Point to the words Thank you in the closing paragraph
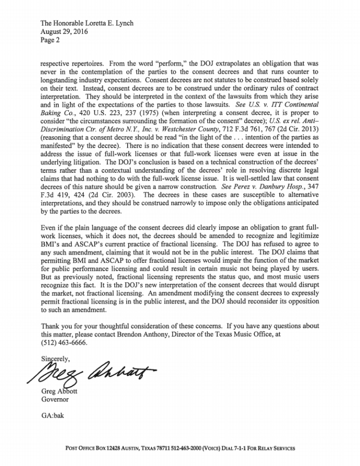56,326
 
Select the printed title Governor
55,399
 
